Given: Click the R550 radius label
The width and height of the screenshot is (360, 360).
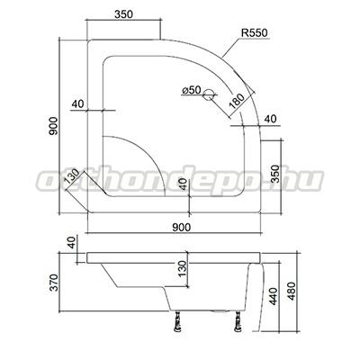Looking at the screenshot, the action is [x=255, y=33].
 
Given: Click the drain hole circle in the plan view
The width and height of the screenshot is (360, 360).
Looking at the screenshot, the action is [x=208, y=94].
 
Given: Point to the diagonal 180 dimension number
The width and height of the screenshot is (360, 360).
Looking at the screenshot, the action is [x=237, y=101].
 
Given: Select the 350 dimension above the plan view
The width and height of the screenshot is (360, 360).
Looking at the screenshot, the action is [x=123, y=14].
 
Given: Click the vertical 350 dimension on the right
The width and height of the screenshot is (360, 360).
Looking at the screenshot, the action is [x=275, y=174].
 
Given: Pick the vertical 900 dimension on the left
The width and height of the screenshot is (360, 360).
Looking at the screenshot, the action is [x=53, y=126].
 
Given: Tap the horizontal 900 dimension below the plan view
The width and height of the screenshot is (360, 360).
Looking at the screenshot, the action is [x=182, y=228].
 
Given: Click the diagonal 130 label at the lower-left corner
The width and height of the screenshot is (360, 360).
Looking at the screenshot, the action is [x=72, y=176].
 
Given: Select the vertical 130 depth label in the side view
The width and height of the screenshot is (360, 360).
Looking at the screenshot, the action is [x=182, y=269].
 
